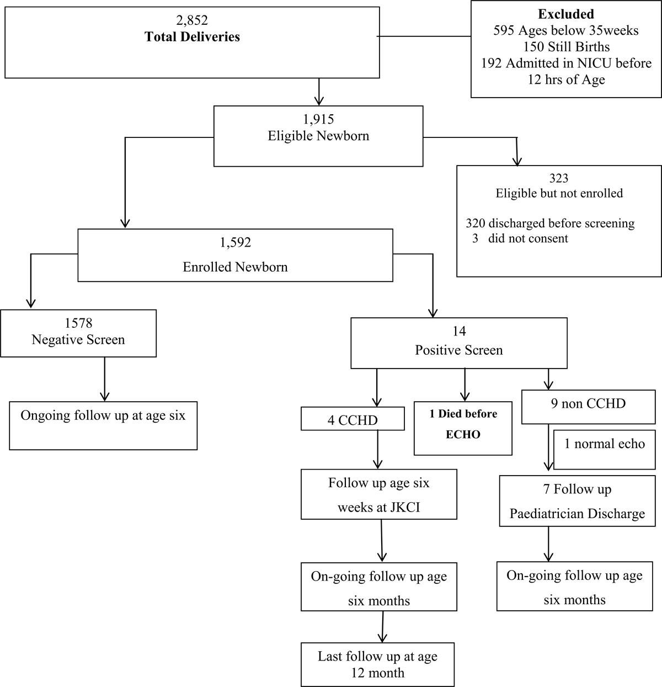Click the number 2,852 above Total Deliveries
pos(192,20)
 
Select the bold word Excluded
pos(565,14)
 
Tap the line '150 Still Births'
pos(565,47)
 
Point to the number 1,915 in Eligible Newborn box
pos(318,119)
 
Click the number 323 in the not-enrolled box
pos(559,178)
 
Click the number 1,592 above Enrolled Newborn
pos(235,242)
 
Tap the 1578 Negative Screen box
pos(78,333)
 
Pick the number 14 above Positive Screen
pos(458,331)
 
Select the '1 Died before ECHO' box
pos(463,424)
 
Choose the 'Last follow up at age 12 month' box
pos(378,664)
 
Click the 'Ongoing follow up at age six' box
pos(103,425)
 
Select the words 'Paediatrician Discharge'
pos(577,514)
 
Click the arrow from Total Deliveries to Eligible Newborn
pos(319,91)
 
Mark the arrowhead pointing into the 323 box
pos(517,161)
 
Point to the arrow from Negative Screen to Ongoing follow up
pos(104,379)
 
